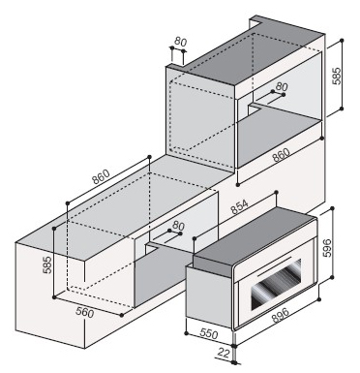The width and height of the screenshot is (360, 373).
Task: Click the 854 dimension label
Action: tap(240, 207)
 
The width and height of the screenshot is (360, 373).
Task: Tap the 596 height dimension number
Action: tap(327, 248)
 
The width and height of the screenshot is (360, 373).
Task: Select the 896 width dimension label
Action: tap(281, 315)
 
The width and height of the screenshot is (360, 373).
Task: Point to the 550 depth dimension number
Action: tap(209, 333)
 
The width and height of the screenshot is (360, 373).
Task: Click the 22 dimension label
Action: tap(224, 354)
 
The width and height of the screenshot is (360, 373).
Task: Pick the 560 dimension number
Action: tap(85, 312)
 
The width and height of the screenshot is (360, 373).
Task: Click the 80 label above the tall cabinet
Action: tap(181, 42)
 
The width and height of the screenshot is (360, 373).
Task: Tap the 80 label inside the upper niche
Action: tap(282, 86)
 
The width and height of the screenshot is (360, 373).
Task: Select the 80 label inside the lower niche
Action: tap(178, 225)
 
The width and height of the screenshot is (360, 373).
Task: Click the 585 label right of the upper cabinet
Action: tap(337, 76)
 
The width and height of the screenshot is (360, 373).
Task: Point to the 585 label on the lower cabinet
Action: tap(47, 264)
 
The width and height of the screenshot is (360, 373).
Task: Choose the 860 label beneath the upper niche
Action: tap(281, 155)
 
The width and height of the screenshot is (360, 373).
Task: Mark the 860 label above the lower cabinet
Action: tap(101, 176)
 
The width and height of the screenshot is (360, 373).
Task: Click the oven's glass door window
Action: tap(276, 284)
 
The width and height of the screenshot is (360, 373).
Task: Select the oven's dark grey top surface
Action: tap(255, 237)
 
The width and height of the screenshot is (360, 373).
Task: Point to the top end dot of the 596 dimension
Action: tap(333, 208)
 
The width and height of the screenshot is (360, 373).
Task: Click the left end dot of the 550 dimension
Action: tap(186, 333)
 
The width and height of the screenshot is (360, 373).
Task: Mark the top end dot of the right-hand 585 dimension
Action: tap(342, 41)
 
